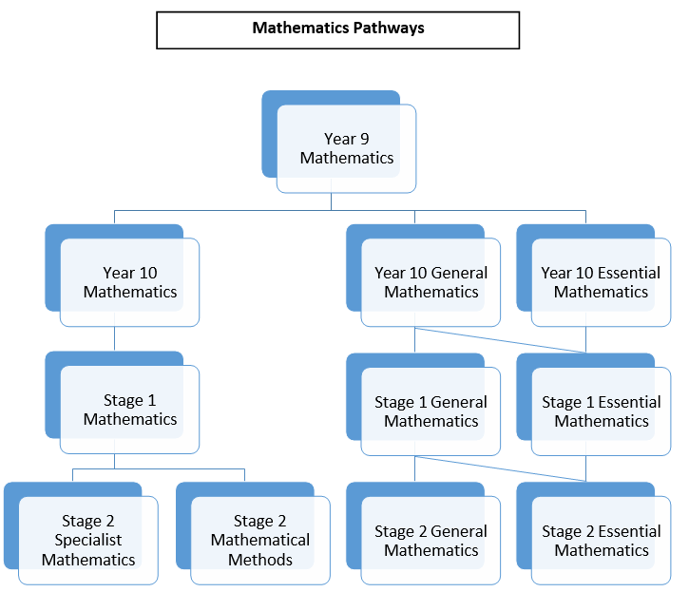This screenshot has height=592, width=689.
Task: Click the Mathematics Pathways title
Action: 337,29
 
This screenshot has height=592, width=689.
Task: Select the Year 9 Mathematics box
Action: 346,148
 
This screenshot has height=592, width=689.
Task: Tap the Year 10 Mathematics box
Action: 129,282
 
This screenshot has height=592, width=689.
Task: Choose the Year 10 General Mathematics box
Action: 431,282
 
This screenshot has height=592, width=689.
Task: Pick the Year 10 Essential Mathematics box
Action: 601,282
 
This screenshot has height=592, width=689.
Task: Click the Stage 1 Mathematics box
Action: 129,410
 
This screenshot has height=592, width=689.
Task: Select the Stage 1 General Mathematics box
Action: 431,411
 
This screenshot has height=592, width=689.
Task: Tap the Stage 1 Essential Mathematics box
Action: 601,411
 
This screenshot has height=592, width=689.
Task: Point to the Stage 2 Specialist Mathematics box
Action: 88,540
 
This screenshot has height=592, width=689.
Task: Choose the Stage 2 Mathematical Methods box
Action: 260,540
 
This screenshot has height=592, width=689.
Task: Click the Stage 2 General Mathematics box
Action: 431,540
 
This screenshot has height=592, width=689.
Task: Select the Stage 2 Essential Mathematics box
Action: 601,540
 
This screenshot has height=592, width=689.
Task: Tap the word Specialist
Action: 88,540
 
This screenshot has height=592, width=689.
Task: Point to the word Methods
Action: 260,560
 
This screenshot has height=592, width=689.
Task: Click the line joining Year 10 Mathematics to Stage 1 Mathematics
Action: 115,338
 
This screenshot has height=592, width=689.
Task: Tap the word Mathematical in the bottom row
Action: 260,540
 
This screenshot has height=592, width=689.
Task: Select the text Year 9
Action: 346,139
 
